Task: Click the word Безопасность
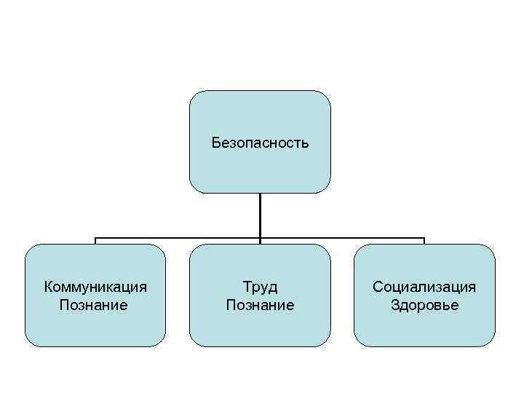coord(260,143)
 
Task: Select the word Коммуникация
coord(95,287)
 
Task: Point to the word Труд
coord(260,287)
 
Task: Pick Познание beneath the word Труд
coord(260,305)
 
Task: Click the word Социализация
coord(424,287)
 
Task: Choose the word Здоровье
coord(424,305)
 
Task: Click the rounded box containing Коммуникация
coord(95,327)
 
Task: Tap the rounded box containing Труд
coord(260,327)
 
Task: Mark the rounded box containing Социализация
coord(424,327)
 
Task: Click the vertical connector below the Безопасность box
coord(260,215)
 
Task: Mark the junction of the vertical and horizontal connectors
coord(260,238)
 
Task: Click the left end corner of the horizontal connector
coord(96,238)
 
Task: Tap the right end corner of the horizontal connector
coord(424,238)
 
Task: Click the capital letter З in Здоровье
coord(394,305)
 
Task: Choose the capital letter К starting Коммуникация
coord(48,287)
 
